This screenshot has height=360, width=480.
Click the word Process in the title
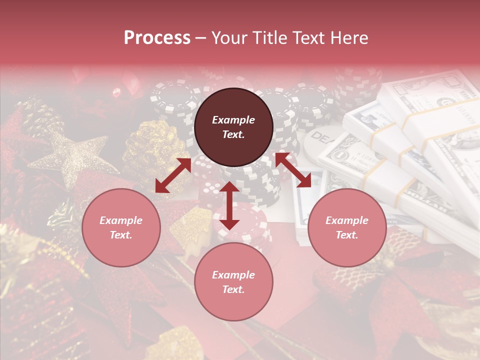click(157, 38)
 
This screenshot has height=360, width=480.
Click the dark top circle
click(233, 127)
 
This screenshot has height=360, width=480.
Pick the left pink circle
click(121, 227)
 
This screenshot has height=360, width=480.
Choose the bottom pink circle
click(233, 282)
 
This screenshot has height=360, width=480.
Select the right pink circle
click(347, 227)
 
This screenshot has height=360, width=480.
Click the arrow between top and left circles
click(173, 175)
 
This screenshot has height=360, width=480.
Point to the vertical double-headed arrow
click(229, 205)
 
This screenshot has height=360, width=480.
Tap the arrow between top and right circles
click(293, 170)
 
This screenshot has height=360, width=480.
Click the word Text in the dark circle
click(233, 134)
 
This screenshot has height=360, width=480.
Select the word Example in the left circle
click(121, 220)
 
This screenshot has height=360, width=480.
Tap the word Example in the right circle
click(347, 220)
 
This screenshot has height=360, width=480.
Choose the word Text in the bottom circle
click(233, 289)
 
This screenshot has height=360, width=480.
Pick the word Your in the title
click(230, 38)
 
